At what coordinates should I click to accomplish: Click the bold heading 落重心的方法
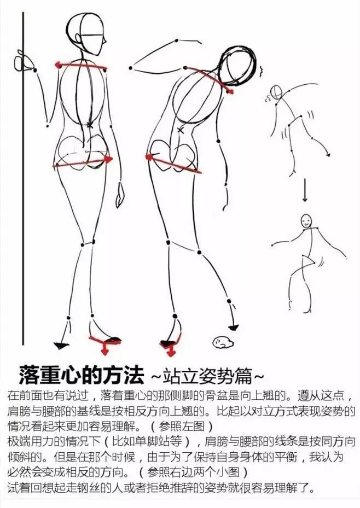pos(81,375)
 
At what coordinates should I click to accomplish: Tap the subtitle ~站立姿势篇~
pos(207,376)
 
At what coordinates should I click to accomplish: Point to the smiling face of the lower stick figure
pos(305,221)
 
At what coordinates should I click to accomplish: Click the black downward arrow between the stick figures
pos(305,190)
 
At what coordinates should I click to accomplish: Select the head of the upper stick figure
pos(276,92)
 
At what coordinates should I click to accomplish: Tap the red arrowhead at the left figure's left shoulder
pos(59,65)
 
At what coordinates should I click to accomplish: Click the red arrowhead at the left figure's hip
pos(108,159)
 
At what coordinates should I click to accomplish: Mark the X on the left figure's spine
pos(90,124)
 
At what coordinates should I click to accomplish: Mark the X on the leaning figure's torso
pos(181,131)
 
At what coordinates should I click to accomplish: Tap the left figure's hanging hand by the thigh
pos(120,195)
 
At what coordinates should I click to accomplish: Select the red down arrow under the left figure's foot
pos(104,350)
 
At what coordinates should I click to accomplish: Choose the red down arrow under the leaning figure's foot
pos(171,351)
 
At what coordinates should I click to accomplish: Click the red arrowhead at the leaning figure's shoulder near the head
pos(230,92)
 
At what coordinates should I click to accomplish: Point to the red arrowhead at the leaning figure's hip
pos(149,157)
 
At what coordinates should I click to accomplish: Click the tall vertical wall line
pos(24,178)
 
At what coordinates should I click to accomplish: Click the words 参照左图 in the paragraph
pos(182,425)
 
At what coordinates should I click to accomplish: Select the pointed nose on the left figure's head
pos(104,42)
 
